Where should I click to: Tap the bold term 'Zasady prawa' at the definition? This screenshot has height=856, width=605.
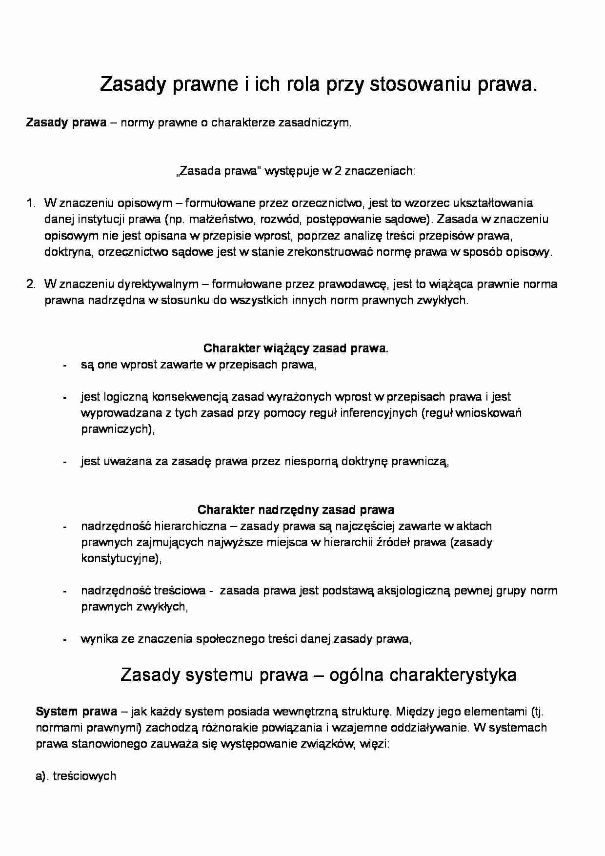[x=66, y=122]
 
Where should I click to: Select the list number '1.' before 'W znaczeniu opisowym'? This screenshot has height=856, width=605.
[x=31, y=203]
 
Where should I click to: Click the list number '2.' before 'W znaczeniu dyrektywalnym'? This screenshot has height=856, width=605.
[x=31, y=284]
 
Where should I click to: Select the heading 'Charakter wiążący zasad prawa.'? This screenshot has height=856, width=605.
[x=296, y=348]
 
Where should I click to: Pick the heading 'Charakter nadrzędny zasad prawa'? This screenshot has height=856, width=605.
[x=296, y=510]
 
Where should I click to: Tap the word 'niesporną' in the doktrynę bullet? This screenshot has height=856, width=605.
[x=311, y=461]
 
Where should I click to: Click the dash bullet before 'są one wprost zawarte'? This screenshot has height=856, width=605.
[x=64, y=366]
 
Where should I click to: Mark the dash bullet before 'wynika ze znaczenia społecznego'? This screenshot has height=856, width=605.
[x=64, y=640]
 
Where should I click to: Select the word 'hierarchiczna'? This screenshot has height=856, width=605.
[x=190, y=526]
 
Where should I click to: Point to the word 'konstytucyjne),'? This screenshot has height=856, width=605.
[x=121, y=558]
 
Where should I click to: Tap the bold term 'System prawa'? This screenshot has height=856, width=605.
[x=76, y=712]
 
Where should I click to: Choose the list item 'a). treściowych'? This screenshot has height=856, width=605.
[x=76, y=776]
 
